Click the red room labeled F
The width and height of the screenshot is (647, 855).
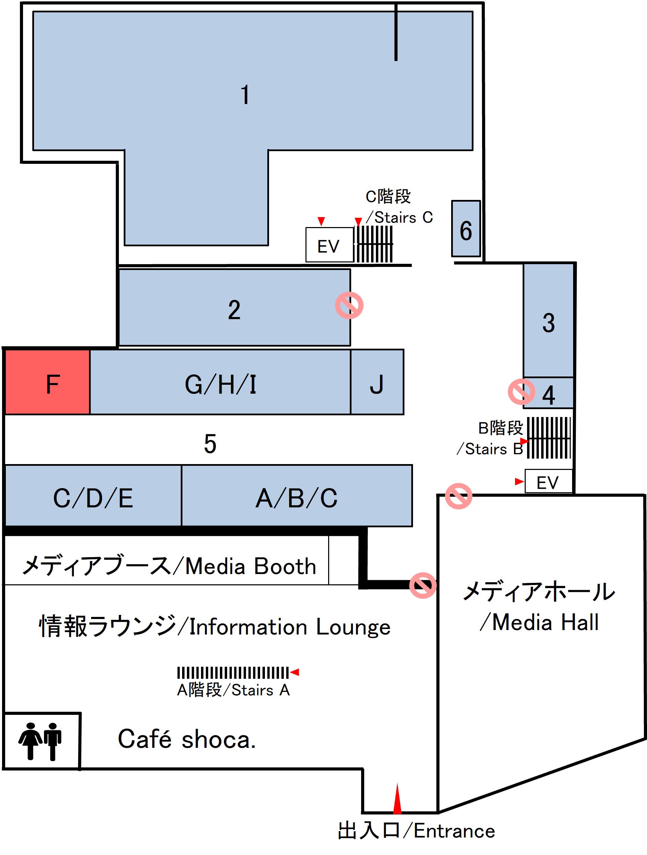pyautogui.click(x=47, y=382)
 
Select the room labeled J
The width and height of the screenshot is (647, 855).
pyautogui.click(x=377, y=382)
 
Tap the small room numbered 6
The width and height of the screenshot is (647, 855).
pyautogui.click(x=466, y=229)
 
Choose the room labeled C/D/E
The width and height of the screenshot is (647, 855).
pyautogui.click(x=93, y=496)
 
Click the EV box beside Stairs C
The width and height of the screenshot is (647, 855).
pyautogui.click(x=329, y=245)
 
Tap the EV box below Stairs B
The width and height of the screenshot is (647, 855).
pyautogui.click(x=548, y=482)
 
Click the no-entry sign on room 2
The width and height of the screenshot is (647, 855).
pyautogui.click(x=349, y=306)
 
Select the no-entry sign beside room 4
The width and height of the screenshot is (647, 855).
pyautogui.click(x=521, y=392)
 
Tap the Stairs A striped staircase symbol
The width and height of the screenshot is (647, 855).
pyautogui.click(x=233, y=673)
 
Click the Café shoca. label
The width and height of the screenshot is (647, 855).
pyautogui.click(x=187, y=740)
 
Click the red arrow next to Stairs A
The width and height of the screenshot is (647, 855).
pyautogui.click(x=295, y=672)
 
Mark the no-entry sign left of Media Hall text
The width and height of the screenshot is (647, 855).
pyautogui.click(x=423, y=585)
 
